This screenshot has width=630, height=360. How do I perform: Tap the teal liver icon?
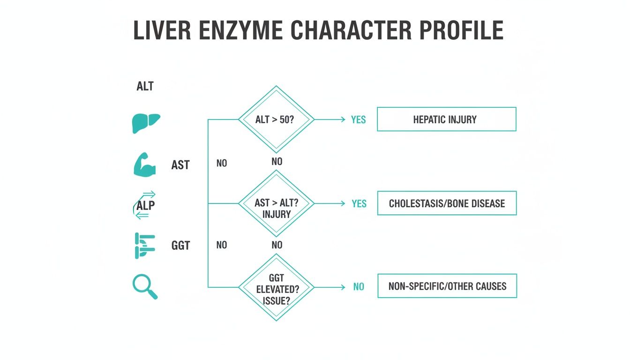(146, 123)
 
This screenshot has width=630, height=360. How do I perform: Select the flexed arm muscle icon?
(145, 165)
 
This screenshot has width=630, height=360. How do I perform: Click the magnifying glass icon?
(145, 286)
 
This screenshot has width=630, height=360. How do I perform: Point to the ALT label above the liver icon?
(145, 87)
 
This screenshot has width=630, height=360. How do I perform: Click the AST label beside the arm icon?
(180, 165)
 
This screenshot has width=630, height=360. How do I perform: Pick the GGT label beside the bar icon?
(180, 245)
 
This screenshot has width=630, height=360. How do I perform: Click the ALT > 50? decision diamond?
(276, 120)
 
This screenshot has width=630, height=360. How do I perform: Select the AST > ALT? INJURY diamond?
(276, 204)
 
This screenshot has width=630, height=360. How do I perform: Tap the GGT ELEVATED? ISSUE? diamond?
(276, 287)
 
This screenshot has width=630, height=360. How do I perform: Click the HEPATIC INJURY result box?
(446, 120)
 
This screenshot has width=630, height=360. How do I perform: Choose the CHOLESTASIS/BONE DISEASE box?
(446, 203)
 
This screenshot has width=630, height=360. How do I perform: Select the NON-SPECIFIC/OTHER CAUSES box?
(447, 286)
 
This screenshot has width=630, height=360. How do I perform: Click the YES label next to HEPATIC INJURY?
(359, 120)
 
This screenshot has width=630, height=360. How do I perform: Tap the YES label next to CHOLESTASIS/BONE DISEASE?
(359, 204)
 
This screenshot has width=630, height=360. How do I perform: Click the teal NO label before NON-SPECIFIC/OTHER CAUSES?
(359, 287)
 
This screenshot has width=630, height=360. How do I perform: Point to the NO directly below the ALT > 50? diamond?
(277, 162)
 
